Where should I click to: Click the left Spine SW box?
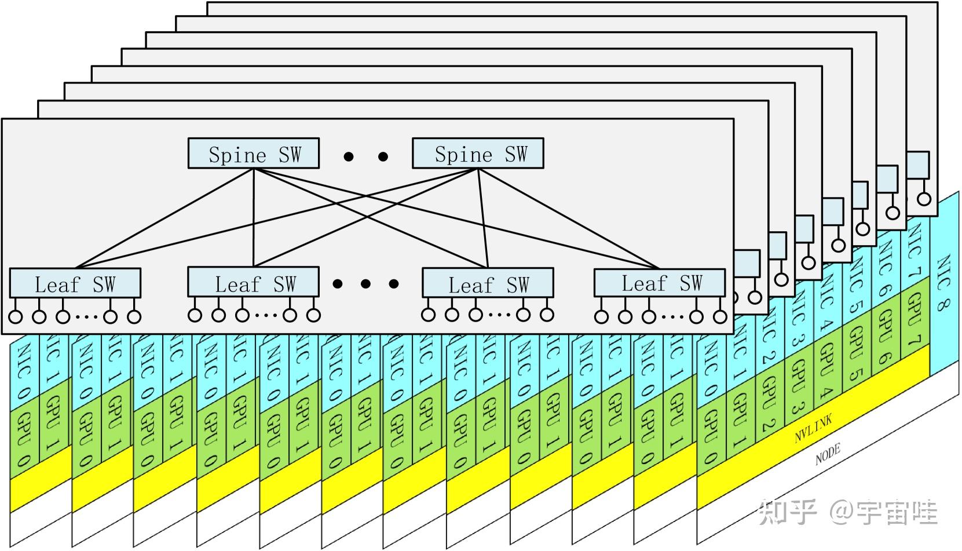[253, 154]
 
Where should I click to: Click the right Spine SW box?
[477, 153]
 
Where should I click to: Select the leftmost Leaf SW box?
[75, 283]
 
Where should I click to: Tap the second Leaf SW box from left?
[253, 282]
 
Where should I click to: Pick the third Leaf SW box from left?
[488, 283]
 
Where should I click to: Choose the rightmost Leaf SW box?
[659, 283]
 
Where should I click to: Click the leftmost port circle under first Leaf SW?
[16, 317]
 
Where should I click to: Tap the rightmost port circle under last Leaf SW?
[720, 316]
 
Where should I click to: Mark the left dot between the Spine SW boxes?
[348, 156]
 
